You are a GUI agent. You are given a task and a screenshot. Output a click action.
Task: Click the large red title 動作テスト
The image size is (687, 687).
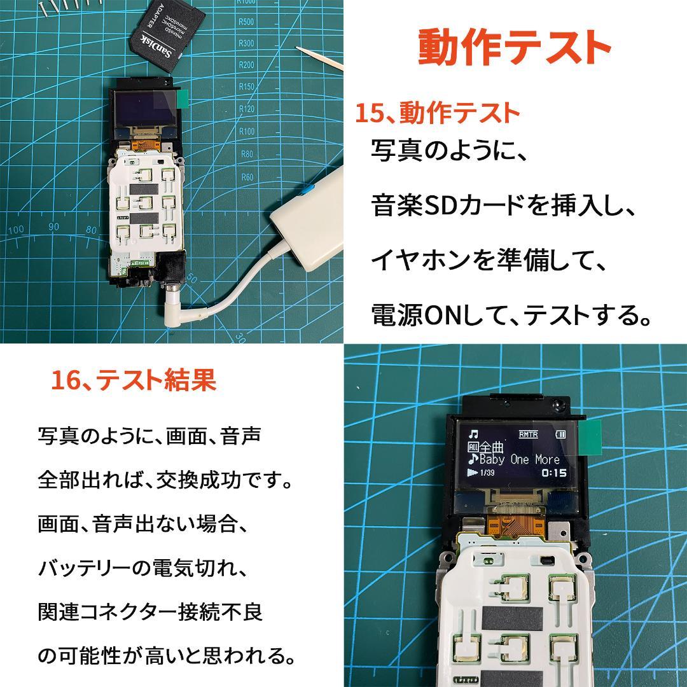(514, 46)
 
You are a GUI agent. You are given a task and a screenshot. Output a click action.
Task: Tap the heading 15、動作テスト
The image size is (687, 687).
(437, 114)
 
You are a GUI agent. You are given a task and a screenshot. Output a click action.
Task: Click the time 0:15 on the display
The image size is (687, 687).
(553, 473)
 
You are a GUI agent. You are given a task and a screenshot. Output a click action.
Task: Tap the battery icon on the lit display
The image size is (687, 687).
(560, 434)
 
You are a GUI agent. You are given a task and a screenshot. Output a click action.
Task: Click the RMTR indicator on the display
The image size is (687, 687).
(528, 434)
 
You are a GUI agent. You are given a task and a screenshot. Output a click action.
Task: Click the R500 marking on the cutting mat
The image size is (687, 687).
(246, 22)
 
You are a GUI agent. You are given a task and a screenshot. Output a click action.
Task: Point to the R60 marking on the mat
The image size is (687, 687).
(247, 177)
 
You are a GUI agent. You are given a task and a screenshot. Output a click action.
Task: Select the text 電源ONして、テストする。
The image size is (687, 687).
(512, 314)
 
